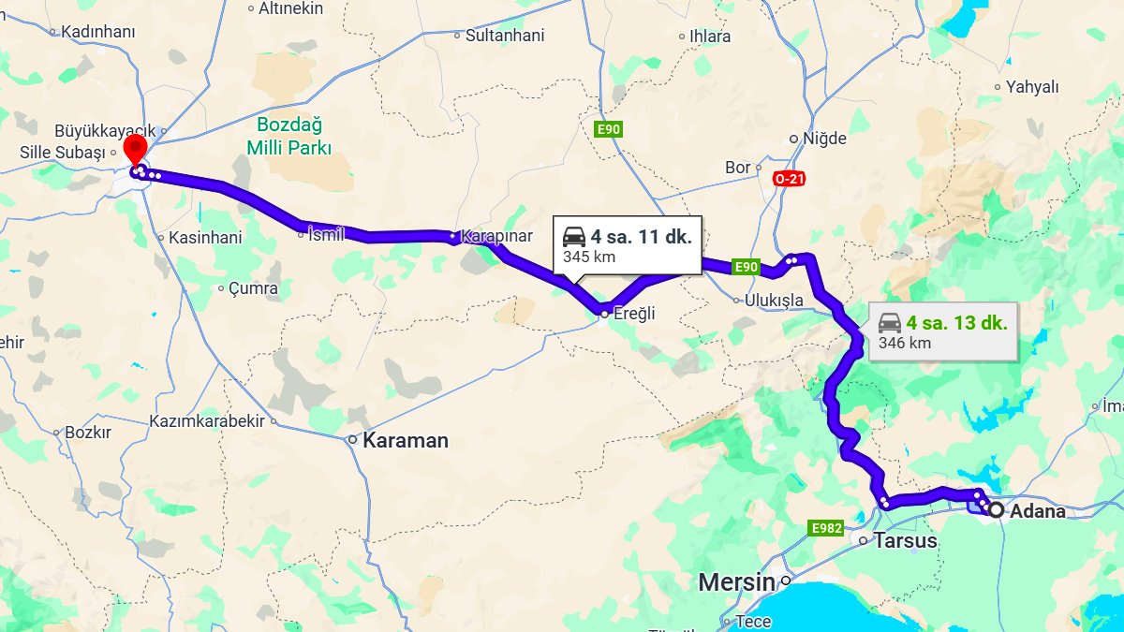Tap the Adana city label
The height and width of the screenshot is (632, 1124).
pos(1038,511)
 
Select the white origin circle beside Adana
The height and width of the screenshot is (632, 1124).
pos(996,510)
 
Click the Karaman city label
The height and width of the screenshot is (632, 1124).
pos(406,440)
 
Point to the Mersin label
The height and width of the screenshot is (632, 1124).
pos(736,582)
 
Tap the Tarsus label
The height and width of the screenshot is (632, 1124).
pos(905,540)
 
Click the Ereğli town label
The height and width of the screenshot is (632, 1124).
pos(634,314)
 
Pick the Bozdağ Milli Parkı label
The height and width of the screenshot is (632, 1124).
pos(289,136)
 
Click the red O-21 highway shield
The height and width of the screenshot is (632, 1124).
pos(790,178)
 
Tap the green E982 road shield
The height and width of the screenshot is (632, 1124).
pos(826,529)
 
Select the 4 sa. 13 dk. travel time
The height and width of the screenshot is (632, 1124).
pos(956,324)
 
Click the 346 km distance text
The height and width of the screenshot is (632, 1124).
pos(905,343)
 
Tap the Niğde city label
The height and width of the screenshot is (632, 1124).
pos(824,139)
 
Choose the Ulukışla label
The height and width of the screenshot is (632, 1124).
pos(775,301)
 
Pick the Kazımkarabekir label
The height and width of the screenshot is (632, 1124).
pos(207,421)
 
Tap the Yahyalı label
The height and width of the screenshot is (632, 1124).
pos(1032,87)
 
